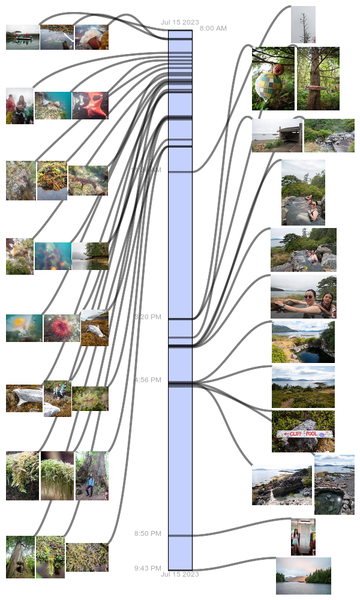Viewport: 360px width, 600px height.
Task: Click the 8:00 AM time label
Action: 213,28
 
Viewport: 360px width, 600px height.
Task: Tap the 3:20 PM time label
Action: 148,317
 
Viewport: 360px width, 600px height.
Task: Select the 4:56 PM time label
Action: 148,380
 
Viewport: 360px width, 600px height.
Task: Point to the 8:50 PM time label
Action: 148,533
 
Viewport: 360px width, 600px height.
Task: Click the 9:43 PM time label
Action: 148,568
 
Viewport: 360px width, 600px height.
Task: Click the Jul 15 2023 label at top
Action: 179,22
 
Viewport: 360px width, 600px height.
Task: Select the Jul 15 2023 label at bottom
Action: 179,574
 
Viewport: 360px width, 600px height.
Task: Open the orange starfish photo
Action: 90,105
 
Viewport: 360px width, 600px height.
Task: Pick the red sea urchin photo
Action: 62,328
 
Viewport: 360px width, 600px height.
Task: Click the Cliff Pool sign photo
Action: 303,431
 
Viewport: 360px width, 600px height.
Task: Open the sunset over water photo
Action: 303,575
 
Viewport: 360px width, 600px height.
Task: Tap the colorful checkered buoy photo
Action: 273,79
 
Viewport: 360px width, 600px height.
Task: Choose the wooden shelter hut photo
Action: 277,135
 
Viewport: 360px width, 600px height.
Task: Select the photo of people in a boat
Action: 22,37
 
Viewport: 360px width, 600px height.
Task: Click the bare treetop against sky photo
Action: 303,25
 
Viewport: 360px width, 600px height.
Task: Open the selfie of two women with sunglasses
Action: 303,296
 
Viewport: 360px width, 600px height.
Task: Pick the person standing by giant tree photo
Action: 92,476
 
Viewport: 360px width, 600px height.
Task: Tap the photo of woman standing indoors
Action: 303,536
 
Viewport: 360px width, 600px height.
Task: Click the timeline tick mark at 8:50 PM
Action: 180,535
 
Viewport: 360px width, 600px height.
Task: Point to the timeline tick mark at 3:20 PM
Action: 180,319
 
